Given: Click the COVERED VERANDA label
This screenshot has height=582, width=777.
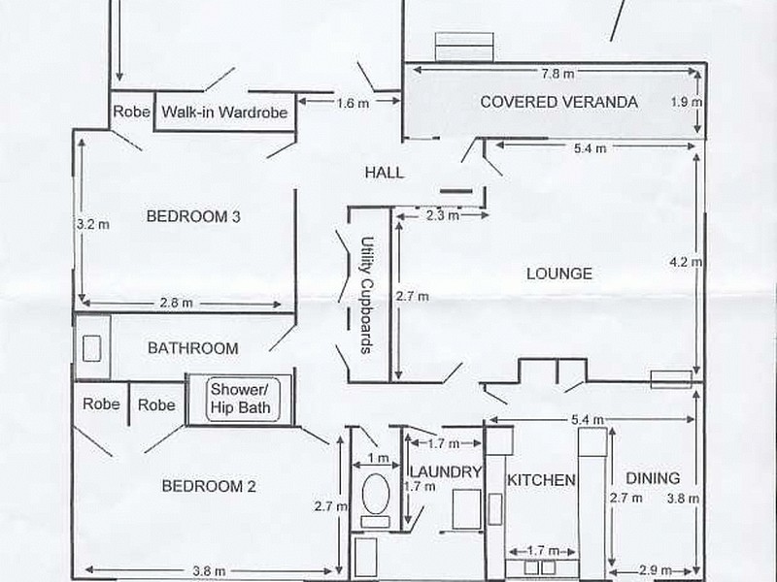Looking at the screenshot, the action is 558,102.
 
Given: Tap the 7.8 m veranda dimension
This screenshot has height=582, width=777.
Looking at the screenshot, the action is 557,74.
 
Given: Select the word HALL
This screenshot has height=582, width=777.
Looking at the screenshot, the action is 384,173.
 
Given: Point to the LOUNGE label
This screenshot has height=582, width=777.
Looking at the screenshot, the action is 559,274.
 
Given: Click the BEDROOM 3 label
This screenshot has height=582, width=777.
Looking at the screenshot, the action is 193,216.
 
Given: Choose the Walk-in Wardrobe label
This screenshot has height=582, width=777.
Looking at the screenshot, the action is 224,112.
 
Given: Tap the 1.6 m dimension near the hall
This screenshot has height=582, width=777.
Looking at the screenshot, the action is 353,104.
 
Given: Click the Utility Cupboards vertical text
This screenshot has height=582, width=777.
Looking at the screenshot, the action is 367,295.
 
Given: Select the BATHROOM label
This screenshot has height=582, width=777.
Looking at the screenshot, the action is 192,348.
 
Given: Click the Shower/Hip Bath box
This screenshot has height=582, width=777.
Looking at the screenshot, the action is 242,400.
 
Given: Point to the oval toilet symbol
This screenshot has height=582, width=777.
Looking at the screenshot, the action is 376,494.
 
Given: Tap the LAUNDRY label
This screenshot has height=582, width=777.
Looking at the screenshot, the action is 446,471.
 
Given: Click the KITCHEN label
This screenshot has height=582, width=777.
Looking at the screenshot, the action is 541,479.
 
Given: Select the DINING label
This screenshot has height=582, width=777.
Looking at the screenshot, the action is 653,478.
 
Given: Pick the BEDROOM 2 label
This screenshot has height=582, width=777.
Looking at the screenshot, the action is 209,486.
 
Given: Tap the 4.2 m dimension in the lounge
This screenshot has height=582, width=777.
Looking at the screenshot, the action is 686,262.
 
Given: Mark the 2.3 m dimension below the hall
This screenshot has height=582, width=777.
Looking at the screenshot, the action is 442,215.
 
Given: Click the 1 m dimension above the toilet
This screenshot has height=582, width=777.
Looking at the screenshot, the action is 378,458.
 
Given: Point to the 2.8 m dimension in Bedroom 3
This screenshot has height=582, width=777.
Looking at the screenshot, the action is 176,303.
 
